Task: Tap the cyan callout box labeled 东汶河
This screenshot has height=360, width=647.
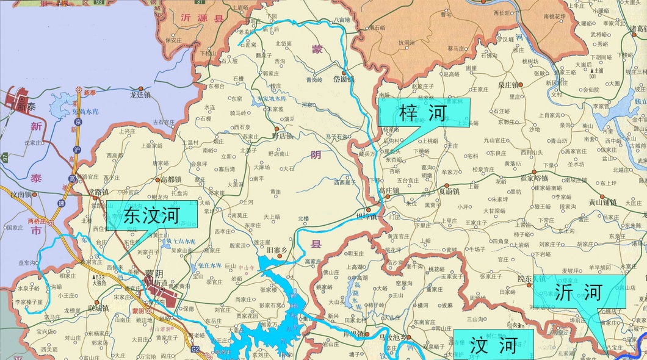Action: [x=152, y=215]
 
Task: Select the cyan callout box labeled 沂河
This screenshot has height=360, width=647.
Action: [x=579, y=292]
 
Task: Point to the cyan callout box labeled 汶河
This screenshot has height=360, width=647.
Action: [x=493, y=345]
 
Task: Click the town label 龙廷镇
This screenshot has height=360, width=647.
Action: [x=140, y=95]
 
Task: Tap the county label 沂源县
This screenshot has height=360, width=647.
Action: [x=203, y=18]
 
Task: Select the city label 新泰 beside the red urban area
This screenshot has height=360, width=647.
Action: [x=27, y=107]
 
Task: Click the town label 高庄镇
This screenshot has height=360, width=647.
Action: [x=388, y=191]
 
